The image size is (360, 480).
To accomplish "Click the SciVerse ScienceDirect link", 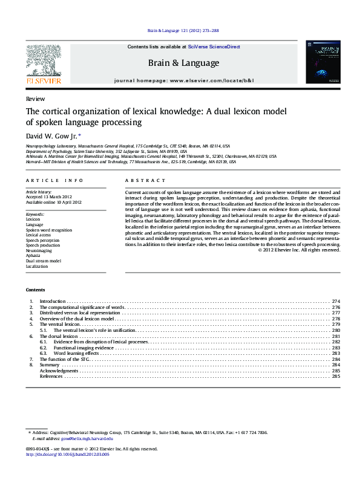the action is pyautogui.click(x=214, y=47).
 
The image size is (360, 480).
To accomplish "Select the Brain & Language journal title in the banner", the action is pyautogui.click(x=184, y=63).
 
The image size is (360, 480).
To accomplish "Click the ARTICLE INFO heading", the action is pyautogui.click(x=54, y=181).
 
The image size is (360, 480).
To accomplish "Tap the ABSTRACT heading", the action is pyautogui.click(x=145, y=181).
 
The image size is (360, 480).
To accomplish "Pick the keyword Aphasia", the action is pyautogui.click(x=33, y=255).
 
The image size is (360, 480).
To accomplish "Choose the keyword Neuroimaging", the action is pyautogui.click(x=38, y=250).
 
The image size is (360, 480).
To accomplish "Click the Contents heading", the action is pyautogui.click(x=36, y=290).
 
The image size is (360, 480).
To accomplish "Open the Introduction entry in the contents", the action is pyautogui.click(x=53, y=301).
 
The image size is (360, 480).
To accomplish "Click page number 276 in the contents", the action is pyautogui.click(x=336, y=307).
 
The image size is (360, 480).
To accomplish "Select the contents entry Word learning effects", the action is pyautogui.click(x=76, y=354).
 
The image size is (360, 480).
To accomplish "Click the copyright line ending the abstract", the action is pyautogui.click(x=299, y=250).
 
